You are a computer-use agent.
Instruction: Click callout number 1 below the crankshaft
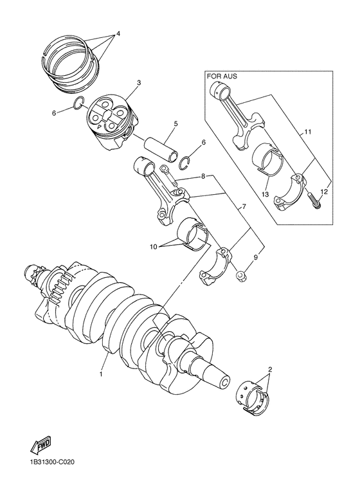point(101,373)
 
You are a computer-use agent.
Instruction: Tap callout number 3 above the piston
point(138,83)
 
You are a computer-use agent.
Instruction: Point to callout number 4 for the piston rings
point(118,33)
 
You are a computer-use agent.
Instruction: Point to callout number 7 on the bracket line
point(244,208)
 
